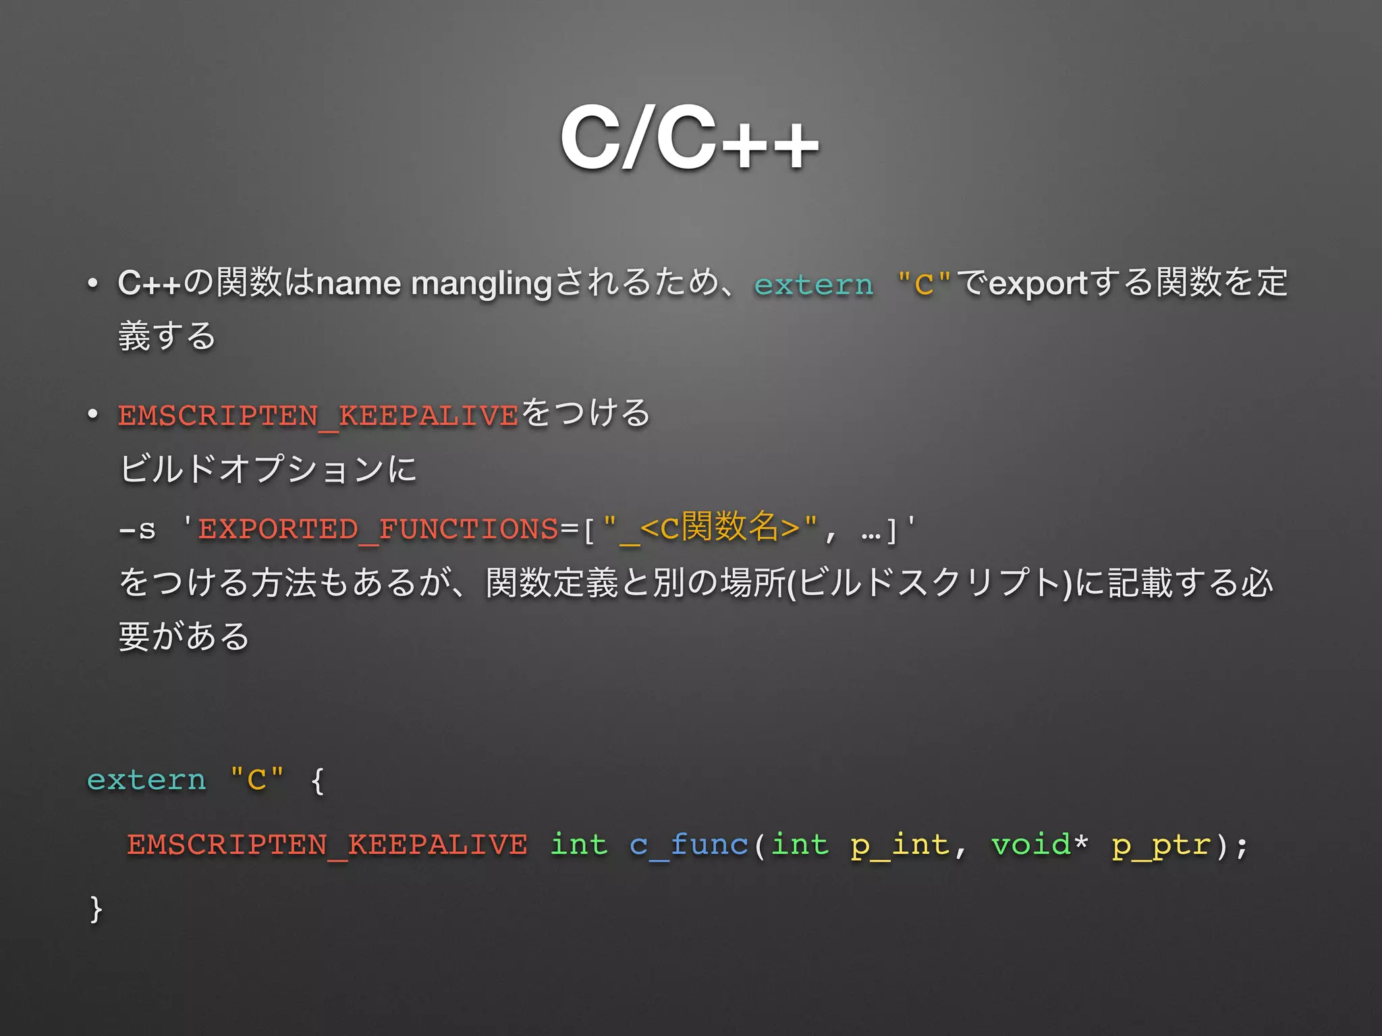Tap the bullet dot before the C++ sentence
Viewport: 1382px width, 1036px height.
pos(92,283)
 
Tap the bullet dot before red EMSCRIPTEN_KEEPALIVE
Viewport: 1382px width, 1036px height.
pos(92,414)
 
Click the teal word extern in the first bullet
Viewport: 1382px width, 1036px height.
pos(813,285)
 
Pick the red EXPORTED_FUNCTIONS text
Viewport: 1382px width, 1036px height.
pos(378,529)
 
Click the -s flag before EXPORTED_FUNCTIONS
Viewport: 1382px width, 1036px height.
pos(137,529)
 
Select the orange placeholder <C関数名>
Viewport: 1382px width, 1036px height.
pos(719,527)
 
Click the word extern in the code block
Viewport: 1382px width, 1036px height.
pos(146,780)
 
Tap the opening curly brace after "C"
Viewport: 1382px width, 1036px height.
pos(318,781)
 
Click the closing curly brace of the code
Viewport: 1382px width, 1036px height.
pos(96,909)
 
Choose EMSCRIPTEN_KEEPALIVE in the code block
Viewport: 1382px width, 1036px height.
pos(327,844)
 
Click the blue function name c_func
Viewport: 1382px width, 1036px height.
pos(688,844)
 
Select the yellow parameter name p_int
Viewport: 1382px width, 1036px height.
pos(900,844)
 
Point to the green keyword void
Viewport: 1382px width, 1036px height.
pos(1030,844)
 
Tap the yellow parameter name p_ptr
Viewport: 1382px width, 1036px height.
pos(1161,844)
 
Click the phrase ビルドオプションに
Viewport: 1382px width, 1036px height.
pos(268,469)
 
